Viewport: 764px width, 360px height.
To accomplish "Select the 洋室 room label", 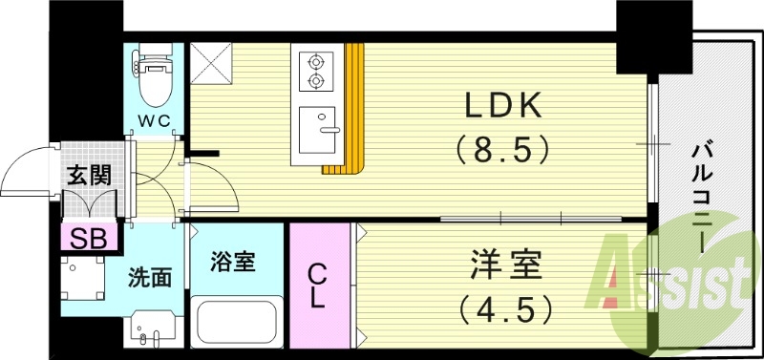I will coord(504,265).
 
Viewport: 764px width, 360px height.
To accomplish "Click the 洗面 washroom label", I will coord(151,278).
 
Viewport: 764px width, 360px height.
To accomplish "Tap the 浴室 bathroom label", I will coord(234,261).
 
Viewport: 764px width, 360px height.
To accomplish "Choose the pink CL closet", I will coord(319,285).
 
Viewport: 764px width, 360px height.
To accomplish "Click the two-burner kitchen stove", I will coord(314,73).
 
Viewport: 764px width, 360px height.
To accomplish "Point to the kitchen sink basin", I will coord(318,130).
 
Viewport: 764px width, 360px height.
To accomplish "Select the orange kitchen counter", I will coord(353,110).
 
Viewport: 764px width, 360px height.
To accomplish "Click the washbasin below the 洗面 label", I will coord(151,329).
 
